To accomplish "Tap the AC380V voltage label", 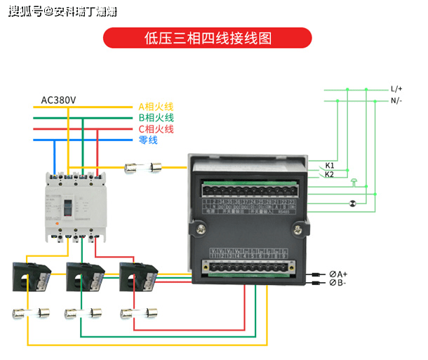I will click(x=59, y=99).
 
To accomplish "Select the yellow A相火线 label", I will click(x=155, y=107).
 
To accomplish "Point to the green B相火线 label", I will click(x=155, y=118).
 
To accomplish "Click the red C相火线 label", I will click(x=155, y=129).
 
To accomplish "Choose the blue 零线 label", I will click(x=148, y=140).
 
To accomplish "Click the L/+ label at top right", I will click(x=396, y=89).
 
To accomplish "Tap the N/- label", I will click(x=396, y=101).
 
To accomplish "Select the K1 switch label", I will click(x=330, y=166).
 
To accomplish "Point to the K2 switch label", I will click(x=330, y=174).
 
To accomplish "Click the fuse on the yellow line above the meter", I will click(x=143, y=167).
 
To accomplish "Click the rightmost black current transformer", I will click(x=135, y=275).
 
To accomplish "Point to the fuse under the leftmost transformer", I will click(x=30, y=314).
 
